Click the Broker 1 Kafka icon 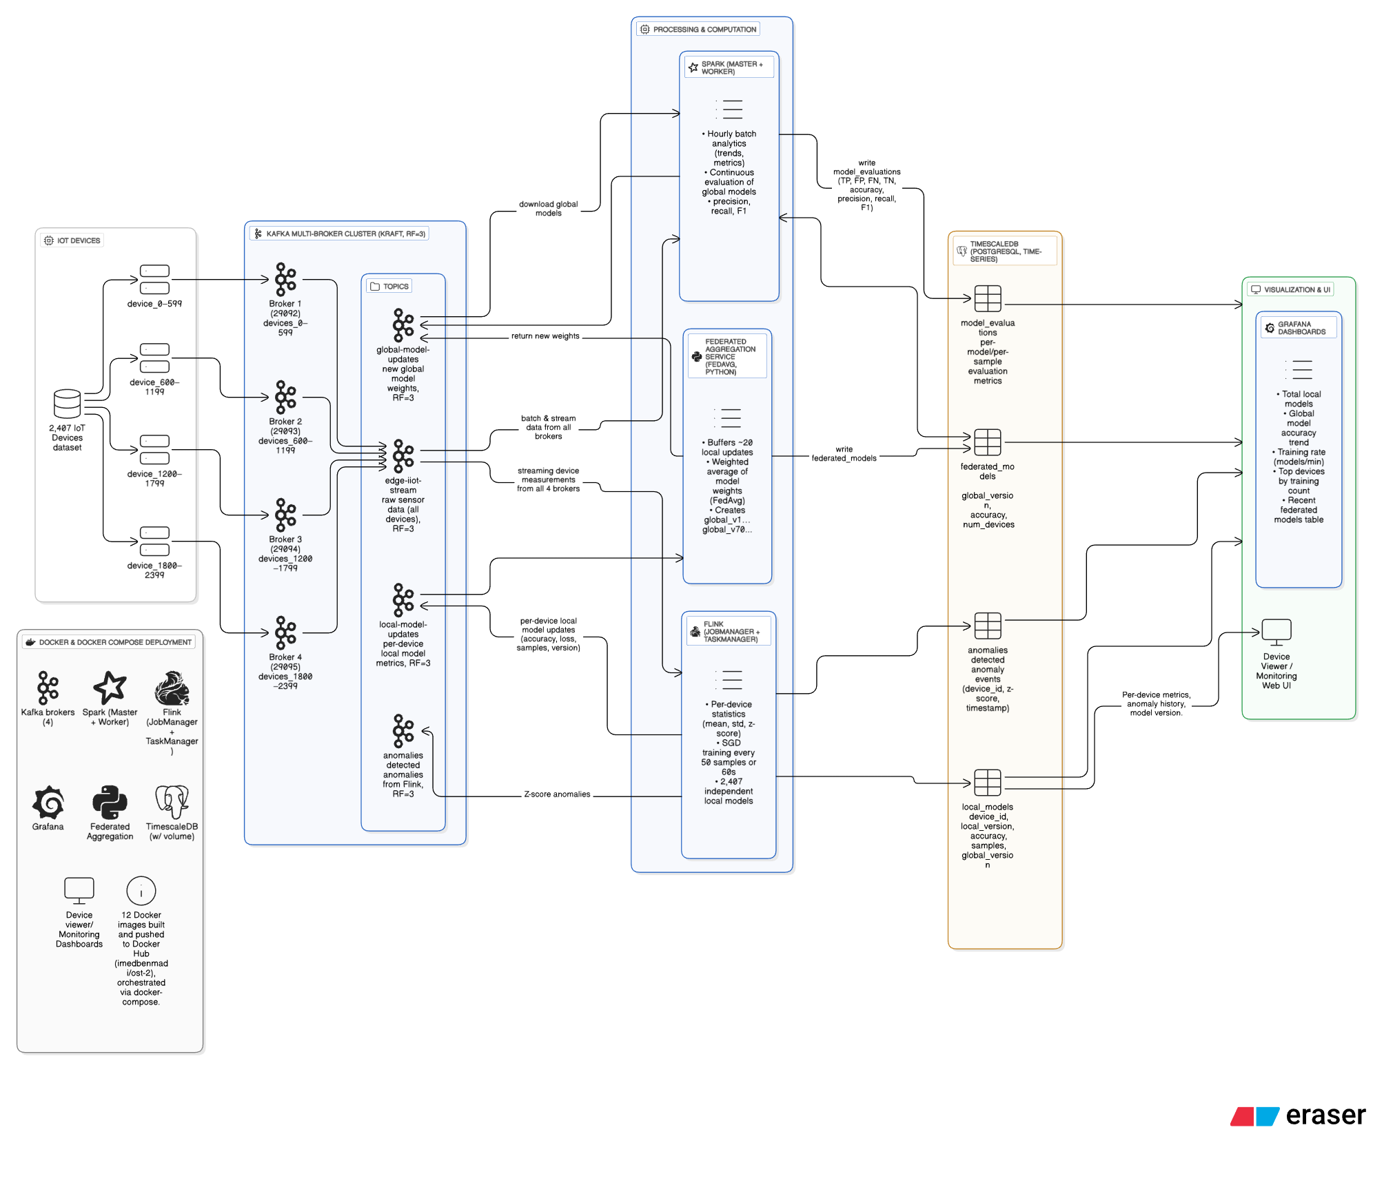285,279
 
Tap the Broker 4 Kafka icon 285,632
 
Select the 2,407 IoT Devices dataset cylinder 68,404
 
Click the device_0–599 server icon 154,279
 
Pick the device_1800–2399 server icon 154,541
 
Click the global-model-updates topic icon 403,325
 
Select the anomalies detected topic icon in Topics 403,731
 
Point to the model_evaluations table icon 987,298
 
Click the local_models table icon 987,783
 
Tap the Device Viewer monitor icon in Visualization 1276,631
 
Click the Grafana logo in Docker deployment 48,802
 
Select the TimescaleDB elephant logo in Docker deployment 172,802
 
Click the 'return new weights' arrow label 545,336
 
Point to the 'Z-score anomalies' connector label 557,794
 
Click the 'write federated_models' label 844,453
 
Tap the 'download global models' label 548,209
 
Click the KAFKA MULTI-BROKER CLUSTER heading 345,234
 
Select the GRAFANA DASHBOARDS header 1301,328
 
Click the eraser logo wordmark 1325,1115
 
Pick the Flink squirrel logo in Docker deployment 172,688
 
